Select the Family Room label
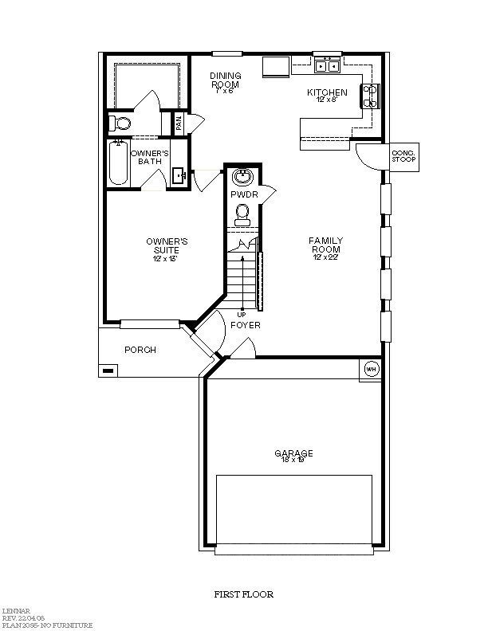coord(326,245)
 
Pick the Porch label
coord(140,350)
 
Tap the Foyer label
coord(245,325)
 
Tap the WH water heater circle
coord(371,369)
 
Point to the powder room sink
coord(243,176)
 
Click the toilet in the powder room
coord(243,212)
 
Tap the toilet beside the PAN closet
coord(121,123)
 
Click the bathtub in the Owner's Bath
coord(118,163)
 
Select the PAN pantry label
coord(179,123)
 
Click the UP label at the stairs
coord(242,314)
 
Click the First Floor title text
coord(244,594)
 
